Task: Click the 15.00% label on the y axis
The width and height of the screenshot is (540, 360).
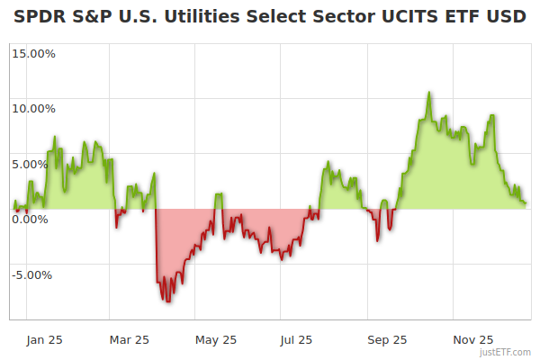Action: click(33, 53)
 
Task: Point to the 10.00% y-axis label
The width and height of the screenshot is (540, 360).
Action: click(33, 109)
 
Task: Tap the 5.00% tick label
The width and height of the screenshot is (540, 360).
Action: click(36, 164)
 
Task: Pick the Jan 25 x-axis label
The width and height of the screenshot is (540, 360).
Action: click(43, 340)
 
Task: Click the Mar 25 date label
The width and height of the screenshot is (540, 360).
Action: click(129, 340)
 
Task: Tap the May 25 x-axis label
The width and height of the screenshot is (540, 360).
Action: click(216, 340)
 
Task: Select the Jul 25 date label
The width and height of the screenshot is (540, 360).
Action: click(297, 340)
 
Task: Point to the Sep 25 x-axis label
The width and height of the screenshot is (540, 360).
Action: click(387, 340)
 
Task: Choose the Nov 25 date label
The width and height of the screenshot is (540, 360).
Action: click(472, 340)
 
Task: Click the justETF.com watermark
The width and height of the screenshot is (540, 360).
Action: click(505, 353)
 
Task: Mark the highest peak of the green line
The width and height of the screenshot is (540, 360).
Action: click(429, 93)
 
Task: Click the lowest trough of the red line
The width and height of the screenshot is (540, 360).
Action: click(167, 301)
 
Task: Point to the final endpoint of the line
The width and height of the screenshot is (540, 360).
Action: click(526, 202)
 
